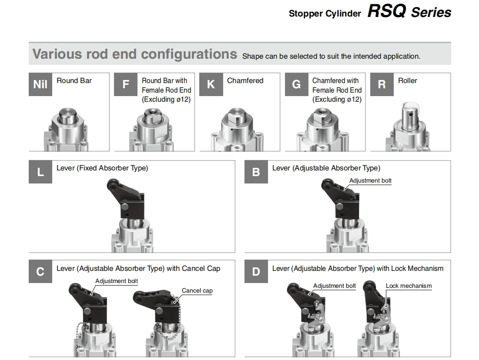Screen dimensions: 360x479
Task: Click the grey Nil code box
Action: coord(40,84)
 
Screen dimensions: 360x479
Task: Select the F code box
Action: coord(126,84)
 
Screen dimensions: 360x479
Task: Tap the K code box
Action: coord(211,84)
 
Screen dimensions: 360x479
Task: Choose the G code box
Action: coord(296,84)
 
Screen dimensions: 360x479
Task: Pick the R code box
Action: coord(382,84)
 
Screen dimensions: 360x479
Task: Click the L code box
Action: coord(40,172)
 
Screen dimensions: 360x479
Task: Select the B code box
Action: coord(256,172)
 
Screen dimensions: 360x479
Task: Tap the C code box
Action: coord(40,272)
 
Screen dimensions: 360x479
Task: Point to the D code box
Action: coord(256,272)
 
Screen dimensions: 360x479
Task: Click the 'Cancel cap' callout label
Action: coord(197,290)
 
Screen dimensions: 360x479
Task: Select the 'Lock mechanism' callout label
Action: coord(409,286)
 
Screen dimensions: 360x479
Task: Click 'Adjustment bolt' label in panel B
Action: coord(370,180)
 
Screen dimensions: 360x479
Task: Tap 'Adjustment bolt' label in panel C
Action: coord(117,281)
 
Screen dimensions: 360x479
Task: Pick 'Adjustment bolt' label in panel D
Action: coord(335,286)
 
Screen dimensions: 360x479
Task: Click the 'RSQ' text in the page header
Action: coord(386,11)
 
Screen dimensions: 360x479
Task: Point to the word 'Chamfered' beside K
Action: coord(245,80)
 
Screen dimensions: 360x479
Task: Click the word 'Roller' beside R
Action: coord(407,80)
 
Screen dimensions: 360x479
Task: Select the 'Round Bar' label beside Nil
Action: coord(74,80)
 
